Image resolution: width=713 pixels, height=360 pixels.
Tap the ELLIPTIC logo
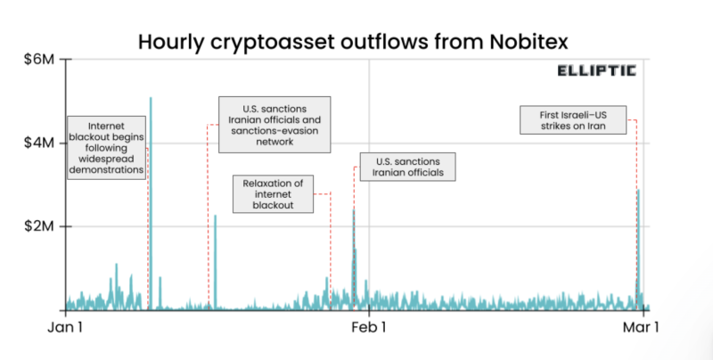pos(598,71)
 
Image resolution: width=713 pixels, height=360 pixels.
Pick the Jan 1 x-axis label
pos(64,327)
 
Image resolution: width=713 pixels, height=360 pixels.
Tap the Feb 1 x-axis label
pos(368,327)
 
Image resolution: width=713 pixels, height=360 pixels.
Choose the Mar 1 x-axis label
pos(640,327)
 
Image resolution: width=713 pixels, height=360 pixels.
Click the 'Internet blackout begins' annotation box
pos(107,148)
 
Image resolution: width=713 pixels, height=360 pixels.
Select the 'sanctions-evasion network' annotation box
pos(275,123)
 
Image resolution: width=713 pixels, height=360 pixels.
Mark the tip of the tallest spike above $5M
pos(151,98)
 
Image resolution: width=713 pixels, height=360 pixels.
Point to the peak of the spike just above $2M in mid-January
pos(215,216)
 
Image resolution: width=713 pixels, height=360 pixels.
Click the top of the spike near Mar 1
pos(638,191)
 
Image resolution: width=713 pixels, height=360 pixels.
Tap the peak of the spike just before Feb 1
pos(354,210)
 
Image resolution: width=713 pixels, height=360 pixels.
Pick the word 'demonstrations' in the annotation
pos(107,168)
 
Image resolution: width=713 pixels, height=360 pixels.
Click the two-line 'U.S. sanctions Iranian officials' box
pos(409,167)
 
